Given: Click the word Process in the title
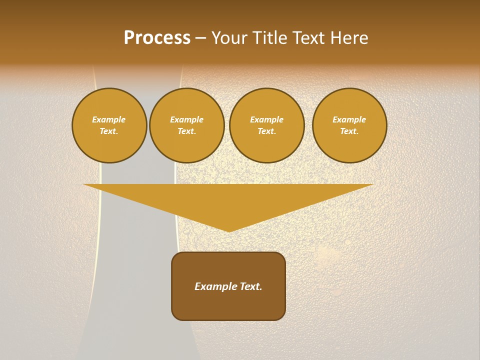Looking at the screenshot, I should [157, 38].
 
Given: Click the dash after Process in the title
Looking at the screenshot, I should [200, 38].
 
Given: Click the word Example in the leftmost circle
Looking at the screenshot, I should [109, 119].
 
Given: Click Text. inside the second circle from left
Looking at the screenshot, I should [187, 131].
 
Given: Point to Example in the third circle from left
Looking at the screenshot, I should [266, 119].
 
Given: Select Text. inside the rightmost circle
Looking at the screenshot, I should [349, 131].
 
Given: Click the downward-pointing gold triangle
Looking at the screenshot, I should [228, 200].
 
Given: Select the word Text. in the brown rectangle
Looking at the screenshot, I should [249, 286].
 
